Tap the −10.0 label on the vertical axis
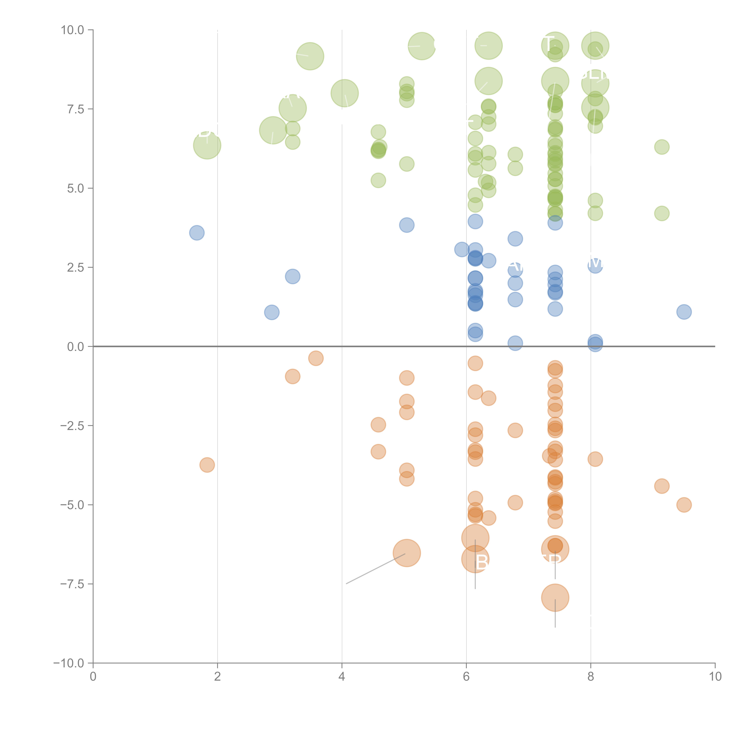[x=69, y=663]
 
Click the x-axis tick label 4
[x=342, y=677]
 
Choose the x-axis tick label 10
[x=715, y=677]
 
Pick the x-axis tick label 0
[x=93, y=677]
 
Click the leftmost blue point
[x=197, y=233]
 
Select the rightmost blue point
[x=684, y=312]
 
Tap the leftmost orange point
[x=207, y=465]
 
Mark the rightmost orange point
[x=684, y=505]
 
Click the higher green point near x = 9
[x=662, y=147]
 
